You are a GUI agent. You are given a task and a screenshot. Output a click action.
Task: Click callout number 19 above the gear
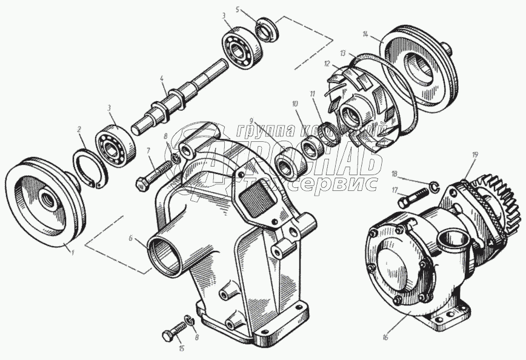click(474, 155)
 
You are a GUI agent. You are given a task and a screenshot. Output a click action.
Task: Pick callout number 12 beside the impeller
click(327, 63)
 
